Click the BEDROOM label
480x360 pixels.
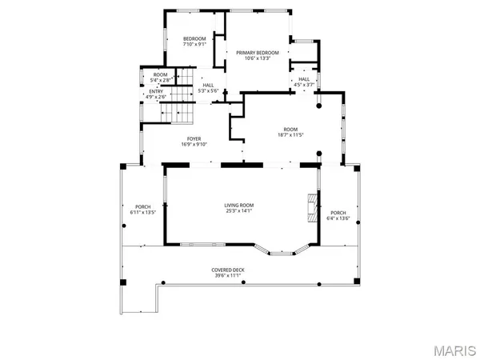[194, 39]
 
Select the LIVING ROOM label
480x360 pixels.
[239, 206]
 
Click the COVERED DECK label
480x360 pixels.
[228, 270]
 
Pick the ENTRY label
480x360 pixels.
[155, 91]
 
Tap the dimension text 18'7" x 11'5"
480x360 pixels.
[290, 134]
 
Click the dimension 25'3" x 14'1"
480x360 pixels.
[239, 212]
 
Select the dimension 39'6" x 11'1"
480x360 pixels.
[228, 276]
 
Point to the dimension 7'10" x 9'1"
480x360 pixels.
[194, 46]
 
